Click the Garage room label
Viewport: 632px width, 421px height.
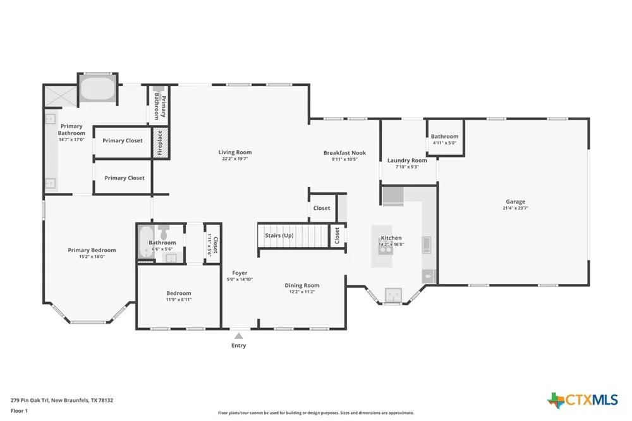coord(516,202)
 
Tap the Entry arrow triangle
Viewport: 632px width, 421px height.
coord(239,336)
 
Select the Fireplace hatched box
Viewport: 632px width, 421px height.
coord(160,143)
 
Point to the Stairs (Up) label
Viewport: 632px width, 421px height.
coord(279,236)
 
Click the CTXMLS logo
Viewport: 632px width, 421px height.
coord(583,400)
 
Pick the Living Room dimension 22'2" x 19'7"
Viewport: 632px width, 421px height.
coord(235,159)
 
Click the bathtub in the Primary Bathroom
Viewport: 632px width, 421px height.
coord(97,88)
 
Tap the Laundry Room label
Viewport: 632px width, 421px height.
coord(407,161)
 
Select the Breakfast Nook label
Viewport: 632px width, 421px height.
coord(344,153)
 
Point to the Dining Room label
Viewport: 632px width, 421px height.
coord(302,286)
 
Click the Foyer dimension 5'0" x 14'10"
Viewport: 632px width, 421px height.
coord(240,279)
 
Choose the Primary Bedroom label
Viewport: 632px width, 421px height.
coord(92,250)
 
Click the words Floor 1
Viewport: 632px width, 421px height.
coord(19,411)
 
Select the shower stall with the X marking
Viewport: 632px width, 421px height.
coord(60,97)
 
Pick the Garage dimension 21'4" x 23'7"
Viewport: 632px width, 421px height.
coord(516,208)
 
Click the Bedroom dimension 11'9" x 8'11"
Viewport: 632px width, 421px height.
coord(179,300)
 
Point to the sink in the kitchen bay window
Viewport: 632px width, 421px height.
coord(393,295)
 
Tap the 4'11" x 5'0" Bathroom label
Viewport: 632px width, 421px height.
coord(444,140)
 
